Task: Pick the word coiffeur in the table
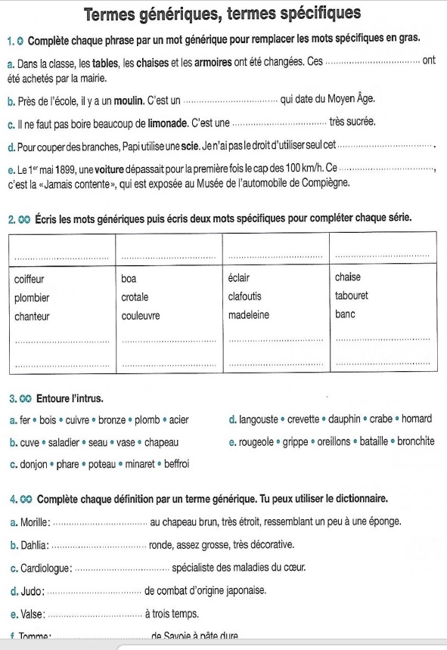[x=29, y=278]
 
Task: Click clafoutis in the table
[x=247, y=297]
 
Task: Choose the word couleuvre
[x=141, y=315]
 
